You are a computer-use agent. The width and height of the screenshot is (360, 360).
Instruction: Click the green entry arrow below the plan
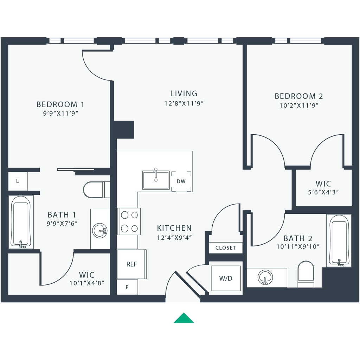click(184, 318)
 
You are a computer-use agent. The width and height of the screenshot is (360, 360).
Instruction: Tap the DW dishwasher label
click(181, 181)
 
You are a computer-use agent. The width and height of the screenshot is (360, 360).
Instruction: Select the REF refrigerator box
click(131, 264)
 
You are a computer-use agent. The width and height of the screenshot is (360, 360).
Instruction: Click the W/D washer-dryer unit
click(226, 278)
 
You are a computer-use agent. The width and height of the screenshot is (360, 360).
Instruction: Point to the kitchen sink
click(156, 180)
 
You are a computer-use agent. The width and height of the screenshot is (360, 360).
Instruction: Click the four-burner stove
click(129, 221)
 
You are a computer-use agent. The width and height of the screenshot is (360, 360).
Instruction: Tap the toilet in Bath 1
click(96, 189)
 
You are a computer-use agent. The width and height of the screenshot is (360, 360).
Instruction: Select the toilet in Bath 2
click(306, 274)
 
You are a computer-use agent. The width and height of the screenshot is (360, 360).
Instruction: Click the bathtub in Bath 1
click(21, 222)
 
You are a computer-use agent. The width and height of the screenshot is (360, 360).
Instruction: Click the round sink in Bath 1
click(99, 230)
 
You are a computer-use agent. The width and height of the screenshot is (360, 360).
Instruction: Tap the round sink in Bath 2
click(265, 277)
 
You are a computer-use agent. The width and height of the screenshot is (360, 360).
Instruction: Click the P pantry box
click(127, 287)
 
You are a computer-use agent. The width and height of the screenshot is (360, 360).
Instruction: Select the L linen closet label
click(18, 181)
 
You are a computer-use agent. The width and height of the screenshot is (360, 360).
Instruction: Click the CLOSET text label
click(225, 248)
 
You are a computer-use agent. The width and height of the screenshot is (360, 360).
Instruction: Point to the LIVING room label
click(184, 94)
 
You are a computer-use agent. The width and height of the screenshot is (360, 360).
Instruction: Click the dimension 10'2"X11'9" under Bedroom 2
click(299, 105)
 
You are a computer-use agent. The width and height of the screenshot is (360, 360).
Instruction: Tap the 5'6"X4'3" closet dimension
click(323, 192)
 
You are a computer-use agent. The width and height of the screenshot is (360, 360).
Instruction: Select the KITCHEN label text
click(174, 228)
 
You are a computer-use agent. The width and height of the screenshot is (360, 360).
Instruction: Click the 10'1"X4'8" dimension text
click(87, 283)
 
